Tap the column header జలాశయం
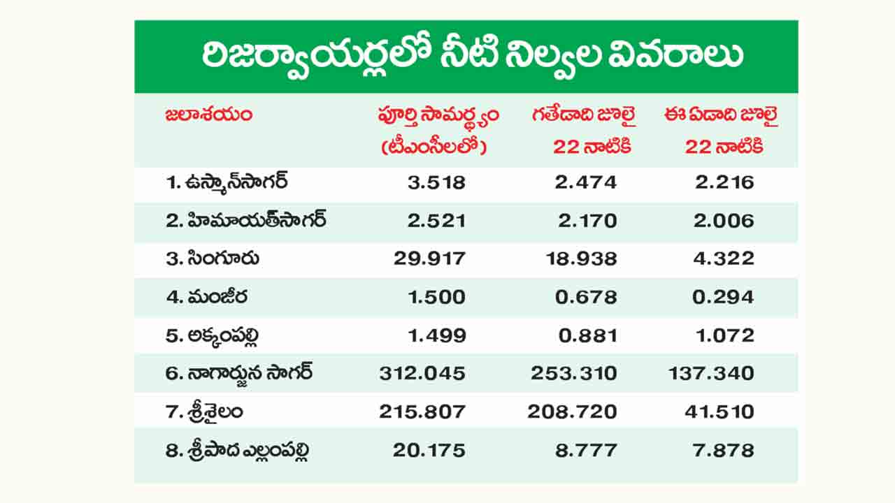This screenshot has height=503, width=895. tap(209, 115)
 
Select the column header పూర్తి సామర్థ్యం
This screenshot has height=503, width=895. tap(438, 117)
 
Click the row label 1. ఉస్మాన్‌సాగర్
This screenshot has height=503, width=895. tap(227, 182)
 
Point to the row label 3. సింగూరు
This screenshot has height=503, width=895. tap(213, 258)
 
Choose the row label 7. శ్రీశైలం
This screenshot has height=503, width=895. tap(204, 411)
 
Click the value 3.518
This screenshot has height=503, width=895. tap(437, 182)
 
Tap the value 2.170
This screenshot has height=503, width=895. tap(587, 221)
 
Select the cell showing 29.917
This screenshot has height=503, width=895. tap(429, 258)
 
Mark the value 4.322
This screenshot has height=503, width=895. tap(724, 258)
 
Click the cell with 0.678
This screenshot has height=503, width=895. tap(586, 297)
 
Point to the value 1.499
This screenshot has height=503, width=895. tap(437, 335)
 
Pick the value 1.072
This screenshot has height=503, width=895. tap(725, 335)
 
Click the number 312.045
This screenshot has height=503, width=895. tap(423, 373)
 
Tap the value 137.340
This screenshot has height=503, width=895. tap(712, 373)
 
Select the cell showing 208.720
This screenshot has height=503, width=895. tap(572, 411)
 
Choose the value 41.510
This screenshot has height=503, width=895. tap(719, 411)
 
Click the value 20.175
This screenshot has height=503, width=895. tap(429, 451)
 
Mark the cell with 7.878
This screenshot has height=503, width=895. tap(724, 451)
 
